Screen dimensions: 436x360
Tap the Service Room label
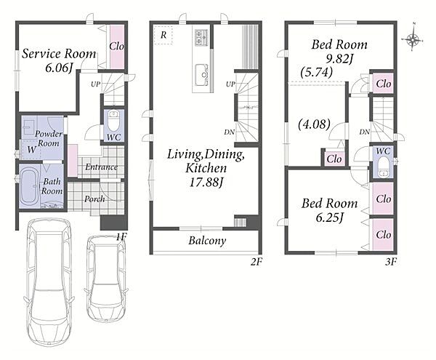point(59,54)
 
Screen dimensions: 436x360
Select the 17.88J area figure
point(206,183)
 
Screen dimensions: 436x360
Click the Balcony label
point(207,241)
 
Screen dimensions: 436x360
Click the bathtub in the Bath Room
point(30,186)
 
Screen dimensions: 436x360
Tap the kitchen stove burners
point(201,37)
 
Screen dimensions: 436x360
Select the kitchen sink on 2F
point(201,75)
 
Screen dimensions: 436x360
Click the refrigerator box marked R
point(163,35)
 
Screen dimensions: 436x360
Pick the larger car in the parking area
point(49,281)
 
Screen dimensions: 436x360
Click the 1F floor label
point(121,237)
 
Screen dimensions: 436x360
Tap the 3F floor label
point(391,262)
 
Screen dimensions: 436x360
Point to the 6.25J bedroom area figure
point(329,217)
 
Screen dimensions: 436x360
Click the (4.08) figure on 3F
point(314,124)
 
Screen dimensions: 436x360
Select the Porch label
point(94,199)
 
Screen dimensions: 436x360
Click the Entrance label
point(102,167)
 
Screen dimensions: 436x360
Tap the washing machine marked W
point(31,149)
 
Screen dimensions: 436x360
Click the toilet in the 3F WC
point(384,167)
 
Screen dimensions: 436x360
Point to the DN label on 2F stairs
point(230,132)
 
